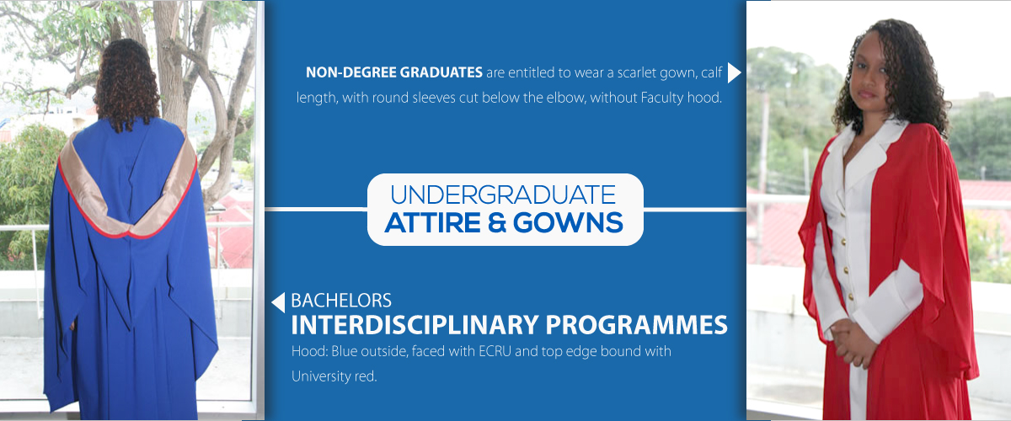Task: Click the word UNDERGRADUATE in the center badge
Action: [x=503, y=195]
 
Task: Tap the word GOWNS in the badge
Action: [x=568, y=223]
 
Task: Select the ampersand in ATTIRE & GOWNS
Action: [x=497, y=223]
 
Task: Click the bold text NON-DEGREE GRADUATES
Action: [x=394, y=72]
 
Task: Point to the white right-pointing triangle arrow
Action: [x=734, y=73]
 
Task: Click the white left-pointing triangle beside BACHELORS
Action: [x=278, y=302]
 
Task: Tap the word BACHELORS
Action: [x=341, y=301]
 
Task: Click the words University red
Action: [x=334, y=376]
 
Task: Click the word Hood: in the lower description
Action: [x=310, y=351]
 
